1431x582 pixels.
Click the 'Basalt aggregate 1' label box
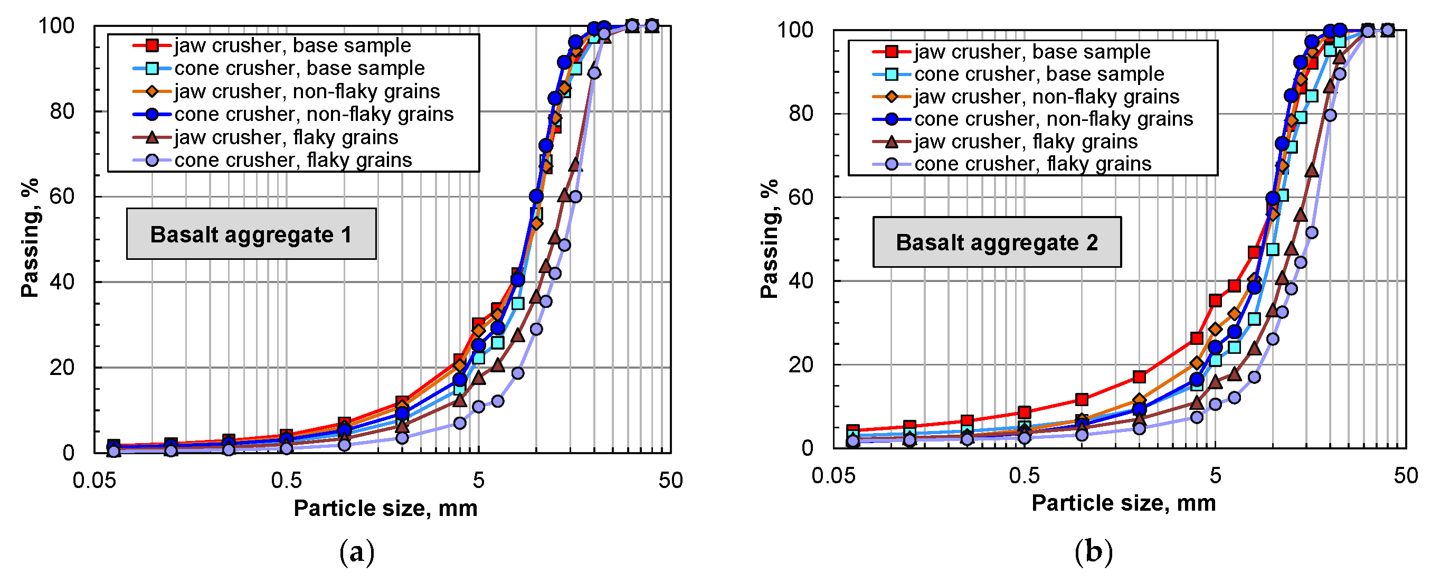coord(251,234)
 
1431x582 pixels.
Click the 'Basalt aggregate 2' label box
coord(997,242)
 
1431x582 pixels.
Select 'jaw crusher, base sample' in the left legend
coord(292,45)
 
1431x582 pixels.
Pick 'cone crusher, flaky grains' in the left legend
coord(293,160)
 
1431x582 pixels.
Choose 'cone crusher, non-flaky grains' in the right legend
coord(1053,119)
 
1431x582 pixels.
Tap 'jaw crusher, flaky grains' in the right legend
coord(1026,142)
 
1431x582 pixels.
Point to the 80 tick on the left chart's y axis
coord(62,111)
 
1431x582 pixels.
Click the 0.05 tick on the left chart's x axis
coord(94,480)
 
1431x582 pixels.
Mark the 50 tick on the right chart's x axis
coord(1406,476)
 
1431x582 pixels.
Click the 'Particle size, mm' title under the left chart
coord(385,508)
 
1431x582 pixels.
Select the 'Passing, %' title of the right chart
coord(770,239)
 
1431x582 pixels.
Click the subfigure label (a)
coord(357,552)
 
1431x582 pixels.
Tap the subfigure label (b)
coord(1093,552)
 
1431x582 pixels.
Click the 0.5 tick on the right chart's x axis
coord(1024,476)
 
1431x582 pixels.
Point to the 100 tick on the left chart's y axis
coord(56,25)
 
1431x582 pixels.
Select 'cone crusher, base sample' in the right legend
coord(1039,74)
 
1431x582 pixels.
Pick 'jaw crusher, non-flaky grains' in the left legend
coord(307,91)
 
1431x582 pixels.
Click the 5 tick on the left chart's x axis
coord(478,480)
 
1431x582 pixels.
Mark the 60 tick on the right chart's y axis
coord(801,198)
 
